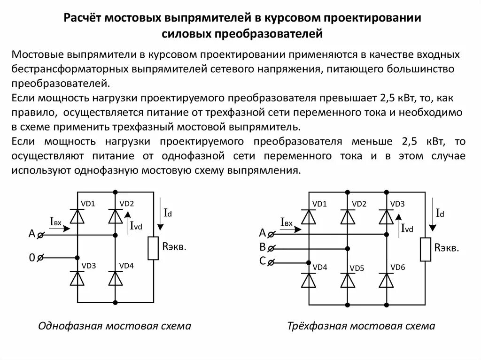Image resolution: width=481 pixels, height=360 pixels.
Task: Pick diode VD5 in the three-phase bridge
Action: pos(348,280)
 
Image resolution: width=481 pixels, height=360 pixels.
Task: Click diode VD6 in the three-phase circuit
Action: pos(386,280)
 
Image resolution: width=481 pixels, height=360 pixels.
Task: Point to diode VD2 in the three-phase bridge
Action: pos(348,216)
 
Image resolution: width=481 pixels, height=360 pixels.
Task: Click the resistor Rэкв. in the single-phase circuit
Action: pos(153,248)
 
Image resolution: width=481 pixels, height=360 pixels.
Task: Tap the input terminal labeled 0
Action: pos(32,257)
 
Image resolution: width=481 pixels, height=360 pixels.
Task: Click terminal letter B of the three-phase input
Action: pos(263,247)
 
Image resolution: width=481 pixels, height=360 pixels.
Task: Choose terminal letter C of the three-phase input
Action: pos(263,262)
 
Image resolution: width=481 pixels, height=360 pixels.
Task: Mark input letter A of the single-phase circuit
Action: pos(32,234)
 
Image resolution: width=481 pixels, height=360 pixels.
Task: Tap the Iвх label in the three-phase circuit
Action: pos(287,222)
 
